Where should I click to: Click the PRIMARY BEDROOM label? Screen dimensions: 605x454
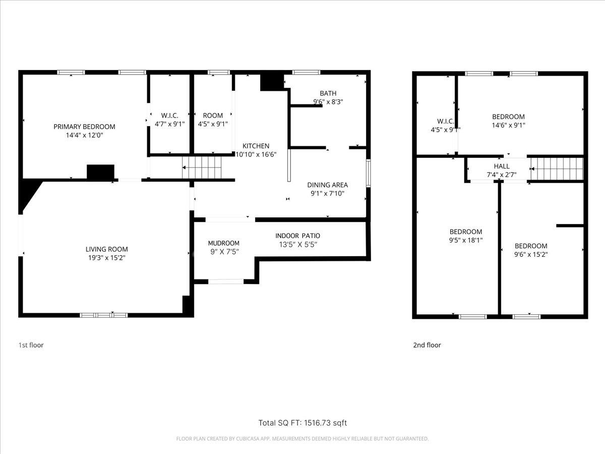[x=84, y=127]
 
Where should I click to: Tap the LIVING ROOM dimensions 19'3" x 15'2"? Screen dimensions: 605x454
[x=107, y=258]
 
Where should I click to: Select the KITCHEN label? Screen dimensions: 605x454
[x=256, y=146]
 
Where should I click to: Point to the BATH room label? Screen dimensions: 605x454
[x=328, y=93]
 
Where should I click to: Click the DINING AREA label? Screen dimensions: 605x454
[x=327, y=185]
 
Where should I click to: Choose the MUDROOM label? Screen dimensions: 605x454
[x=223, y=243]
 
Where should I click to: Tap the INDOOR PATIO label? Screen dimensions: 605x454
[x=297, y=236]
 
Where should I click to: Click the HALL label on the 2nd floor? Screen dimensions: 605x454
[x=502, y=166]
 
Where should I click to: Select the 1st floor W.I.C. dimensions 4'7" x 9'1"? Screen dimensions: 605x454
[x=170, y=124]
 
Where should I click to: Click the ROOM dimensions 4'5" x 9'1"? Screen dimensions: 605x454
[x=213, y=124]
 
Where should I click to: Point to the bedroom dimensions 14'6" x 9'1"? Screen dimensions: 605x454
[x=509, y=125]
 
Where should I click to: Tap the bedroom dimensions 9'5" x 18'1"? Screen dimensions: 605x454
[x=466, y=240]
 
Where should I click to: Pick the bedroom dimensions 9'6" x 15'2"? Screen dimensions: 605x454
[x=531, y=254]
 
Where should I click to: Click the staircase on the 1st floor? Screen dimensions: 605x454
[x=202, y=167]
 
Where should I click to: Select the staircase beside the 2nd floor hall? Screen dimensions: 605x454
[x=557, y=168]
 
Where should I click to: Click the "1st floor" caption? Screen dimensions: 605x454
[x=31, y=345]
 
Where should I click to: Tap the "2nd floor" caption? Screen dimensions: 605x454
[x=427, y=345]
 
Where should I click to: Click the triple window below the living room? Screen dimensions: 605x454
[x=104, y=315]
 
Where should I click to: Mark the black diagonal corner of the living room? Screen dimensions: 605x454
[x=28, y=193]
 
